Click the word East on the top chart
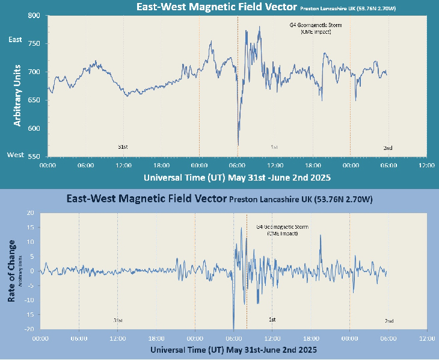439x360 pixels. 14,40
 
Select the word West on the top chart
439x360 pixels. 15,155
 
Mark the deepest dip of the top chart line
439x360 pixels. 239,144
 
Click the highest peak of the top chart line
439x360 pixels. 259,26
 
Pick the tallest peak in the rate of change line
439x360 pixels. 241,228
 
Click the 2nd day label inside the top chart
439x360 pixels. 388,147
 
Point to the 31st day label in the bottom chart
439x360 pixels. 118,320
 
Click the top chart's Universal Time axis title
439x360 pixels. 237,178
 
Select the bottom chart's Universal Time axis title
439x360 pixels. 233,349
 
